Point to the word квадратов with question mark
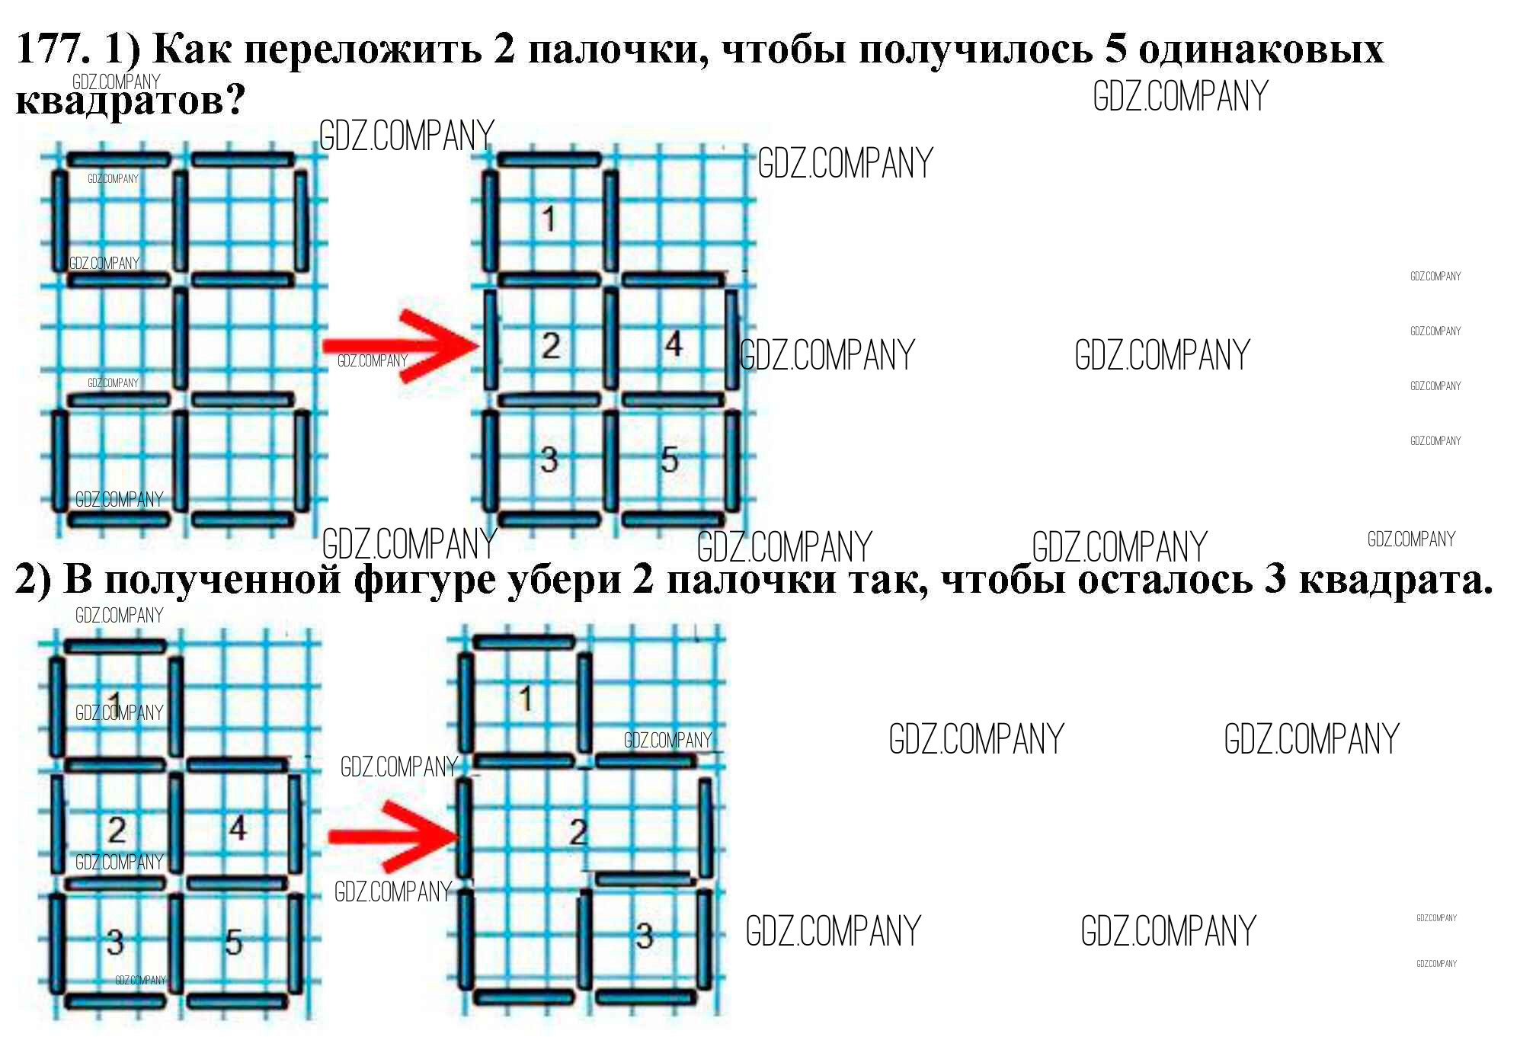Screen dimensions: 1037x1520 [x=130, y=101]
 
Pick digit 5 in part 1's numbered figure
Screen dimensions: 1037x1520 [x=669, y=459]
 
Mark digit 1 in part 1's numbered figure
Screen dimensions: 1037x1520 [x=549, y=219]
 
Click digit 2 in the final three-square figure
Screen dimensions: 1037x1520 [x=578, y=832]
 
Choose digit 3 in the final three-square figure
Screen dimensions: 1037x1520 [x=645, y=936]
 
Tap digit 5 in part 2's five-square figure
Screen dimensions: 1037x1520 [x=233, y=943]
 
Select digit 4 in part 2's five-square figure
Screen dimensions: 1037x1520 [x=237, y=828]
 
